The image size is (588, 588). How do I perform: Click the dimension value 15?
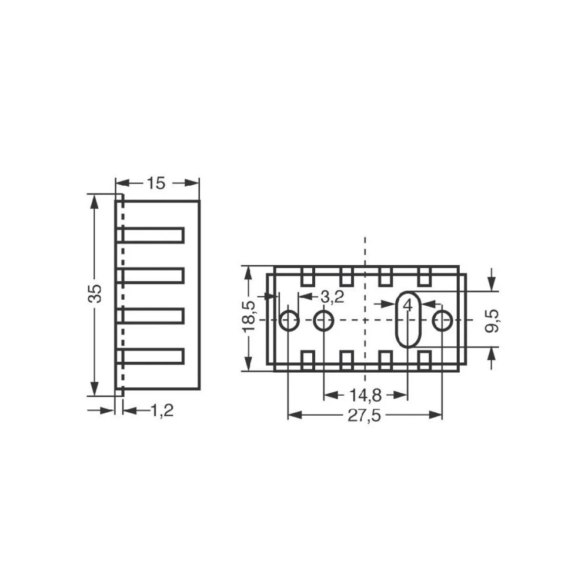pos(156,183)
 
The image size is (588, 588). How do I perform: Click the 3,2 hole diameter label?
pos(332,297)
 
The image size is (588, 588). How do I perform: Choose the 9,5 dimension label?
pos(493,320)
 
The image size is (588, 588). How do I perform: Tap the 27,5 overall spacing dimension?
pos(365,415)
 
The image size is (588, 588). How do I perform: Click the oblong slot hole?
pos(407,320)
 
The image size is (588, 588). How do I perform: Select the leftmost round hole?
pos(288,321)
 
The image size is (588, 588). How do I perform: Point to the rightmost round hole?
pos(442,321)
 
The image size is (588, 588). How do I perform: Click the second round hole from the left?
pos(323,321)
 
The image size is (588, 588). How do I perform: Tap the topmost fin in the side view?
pos(153,235)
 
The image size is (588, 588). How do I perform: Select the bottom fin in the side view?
pos(153,356)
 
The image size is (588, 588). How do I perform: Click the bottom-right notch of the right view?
pos(424,359)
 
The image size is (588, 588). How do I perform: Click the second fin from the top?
pos(153,275)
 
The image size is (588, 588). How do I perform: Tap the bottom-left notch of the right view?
pos(308,359)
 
